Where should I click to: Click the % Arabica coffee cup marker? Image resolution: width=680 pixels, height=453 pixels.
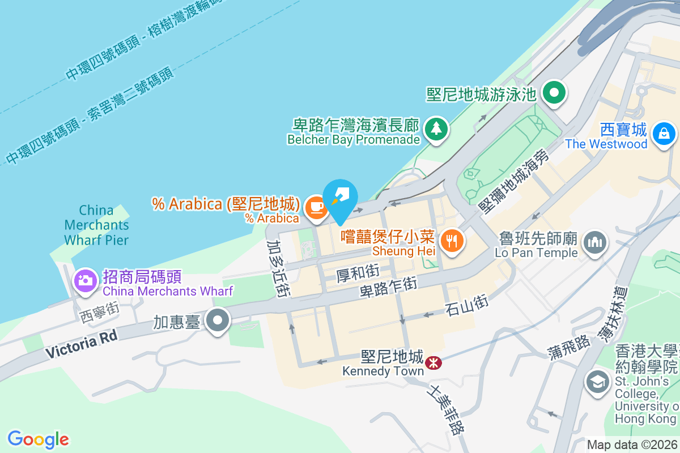316,207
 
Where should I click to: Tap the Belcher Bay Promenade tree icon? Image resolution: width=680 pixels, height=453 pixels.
436,129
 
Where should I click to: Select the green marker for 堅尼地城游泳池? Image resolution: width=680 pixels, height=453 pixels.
555,92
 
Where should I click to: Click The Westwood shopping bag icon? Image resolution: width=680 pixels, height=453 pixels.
663,134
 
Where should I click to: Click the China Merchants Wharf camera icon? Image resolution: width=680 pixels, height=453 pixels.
86,280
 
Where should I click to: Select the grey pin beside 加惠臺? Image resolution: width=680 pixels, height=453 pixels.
218,321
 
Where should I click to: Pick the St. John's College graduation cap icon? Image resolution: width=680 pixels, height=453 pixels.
597,381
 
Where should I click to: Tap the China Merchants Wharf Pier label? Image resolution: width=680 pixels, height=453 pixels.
96,225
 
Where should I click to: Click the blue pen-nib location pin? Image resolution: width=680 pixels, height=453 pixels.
341,198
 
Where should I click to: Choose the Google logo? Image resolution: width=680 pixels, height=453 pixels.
39,439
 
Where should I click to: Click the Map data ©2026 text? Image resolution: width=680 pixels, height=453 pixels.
631,445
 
